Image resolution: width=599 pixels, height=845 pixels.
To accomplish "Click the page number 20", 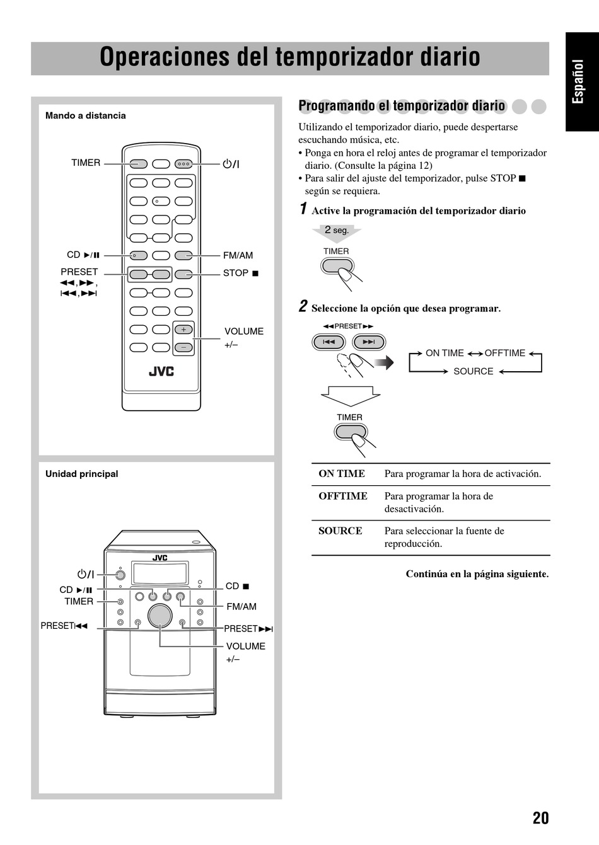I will coord(540,818).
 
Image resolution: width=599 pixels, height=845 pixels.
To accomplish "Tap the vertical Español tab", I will coord(579,82).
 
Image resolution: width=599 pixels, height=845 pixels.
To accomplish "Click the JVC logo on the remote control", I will coord(161,371).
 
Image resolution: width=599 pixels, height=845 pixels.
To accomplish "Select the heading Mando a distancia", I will coord(85,115).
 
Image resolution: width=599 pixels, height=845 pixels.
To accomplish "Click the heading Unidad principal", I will coord(81,474).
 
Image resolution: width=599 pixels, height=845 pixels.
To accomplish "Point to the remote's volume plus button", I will coord(183,330).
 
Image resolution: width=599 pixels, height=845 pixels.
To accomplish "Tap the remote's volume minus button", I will coord(183,347).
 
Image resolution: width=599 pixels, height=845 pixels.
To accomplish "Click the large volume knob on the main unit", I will coord(160,616).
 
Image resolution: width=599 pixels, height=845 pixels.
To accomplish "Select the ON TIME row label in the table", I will coord(342,474).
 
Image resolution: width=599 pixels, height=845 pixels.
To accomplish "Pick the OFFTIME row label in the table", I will coord(343,496).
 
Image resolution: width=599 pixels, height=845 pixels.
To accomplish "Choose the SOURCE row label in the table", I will coord(340,531).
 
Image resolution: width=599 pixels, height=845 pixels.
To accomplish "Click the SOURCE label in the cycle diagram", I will coord(473,371).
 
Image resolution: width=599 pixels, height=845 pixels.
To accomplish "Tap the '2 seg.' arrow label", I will coord(337,231).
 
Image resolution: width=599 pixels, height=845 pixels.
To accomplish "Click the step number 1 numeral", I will coord(303,209).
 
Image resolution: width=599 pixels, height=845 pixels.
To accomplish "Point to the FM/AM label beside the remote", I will coord(238,255).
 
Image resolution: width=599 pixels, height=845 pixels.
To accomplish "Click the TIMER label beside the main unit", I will coord(79,601).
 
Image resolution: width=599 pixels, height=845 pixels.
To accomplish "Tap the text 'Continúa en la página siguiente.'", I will coord(477,574).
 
